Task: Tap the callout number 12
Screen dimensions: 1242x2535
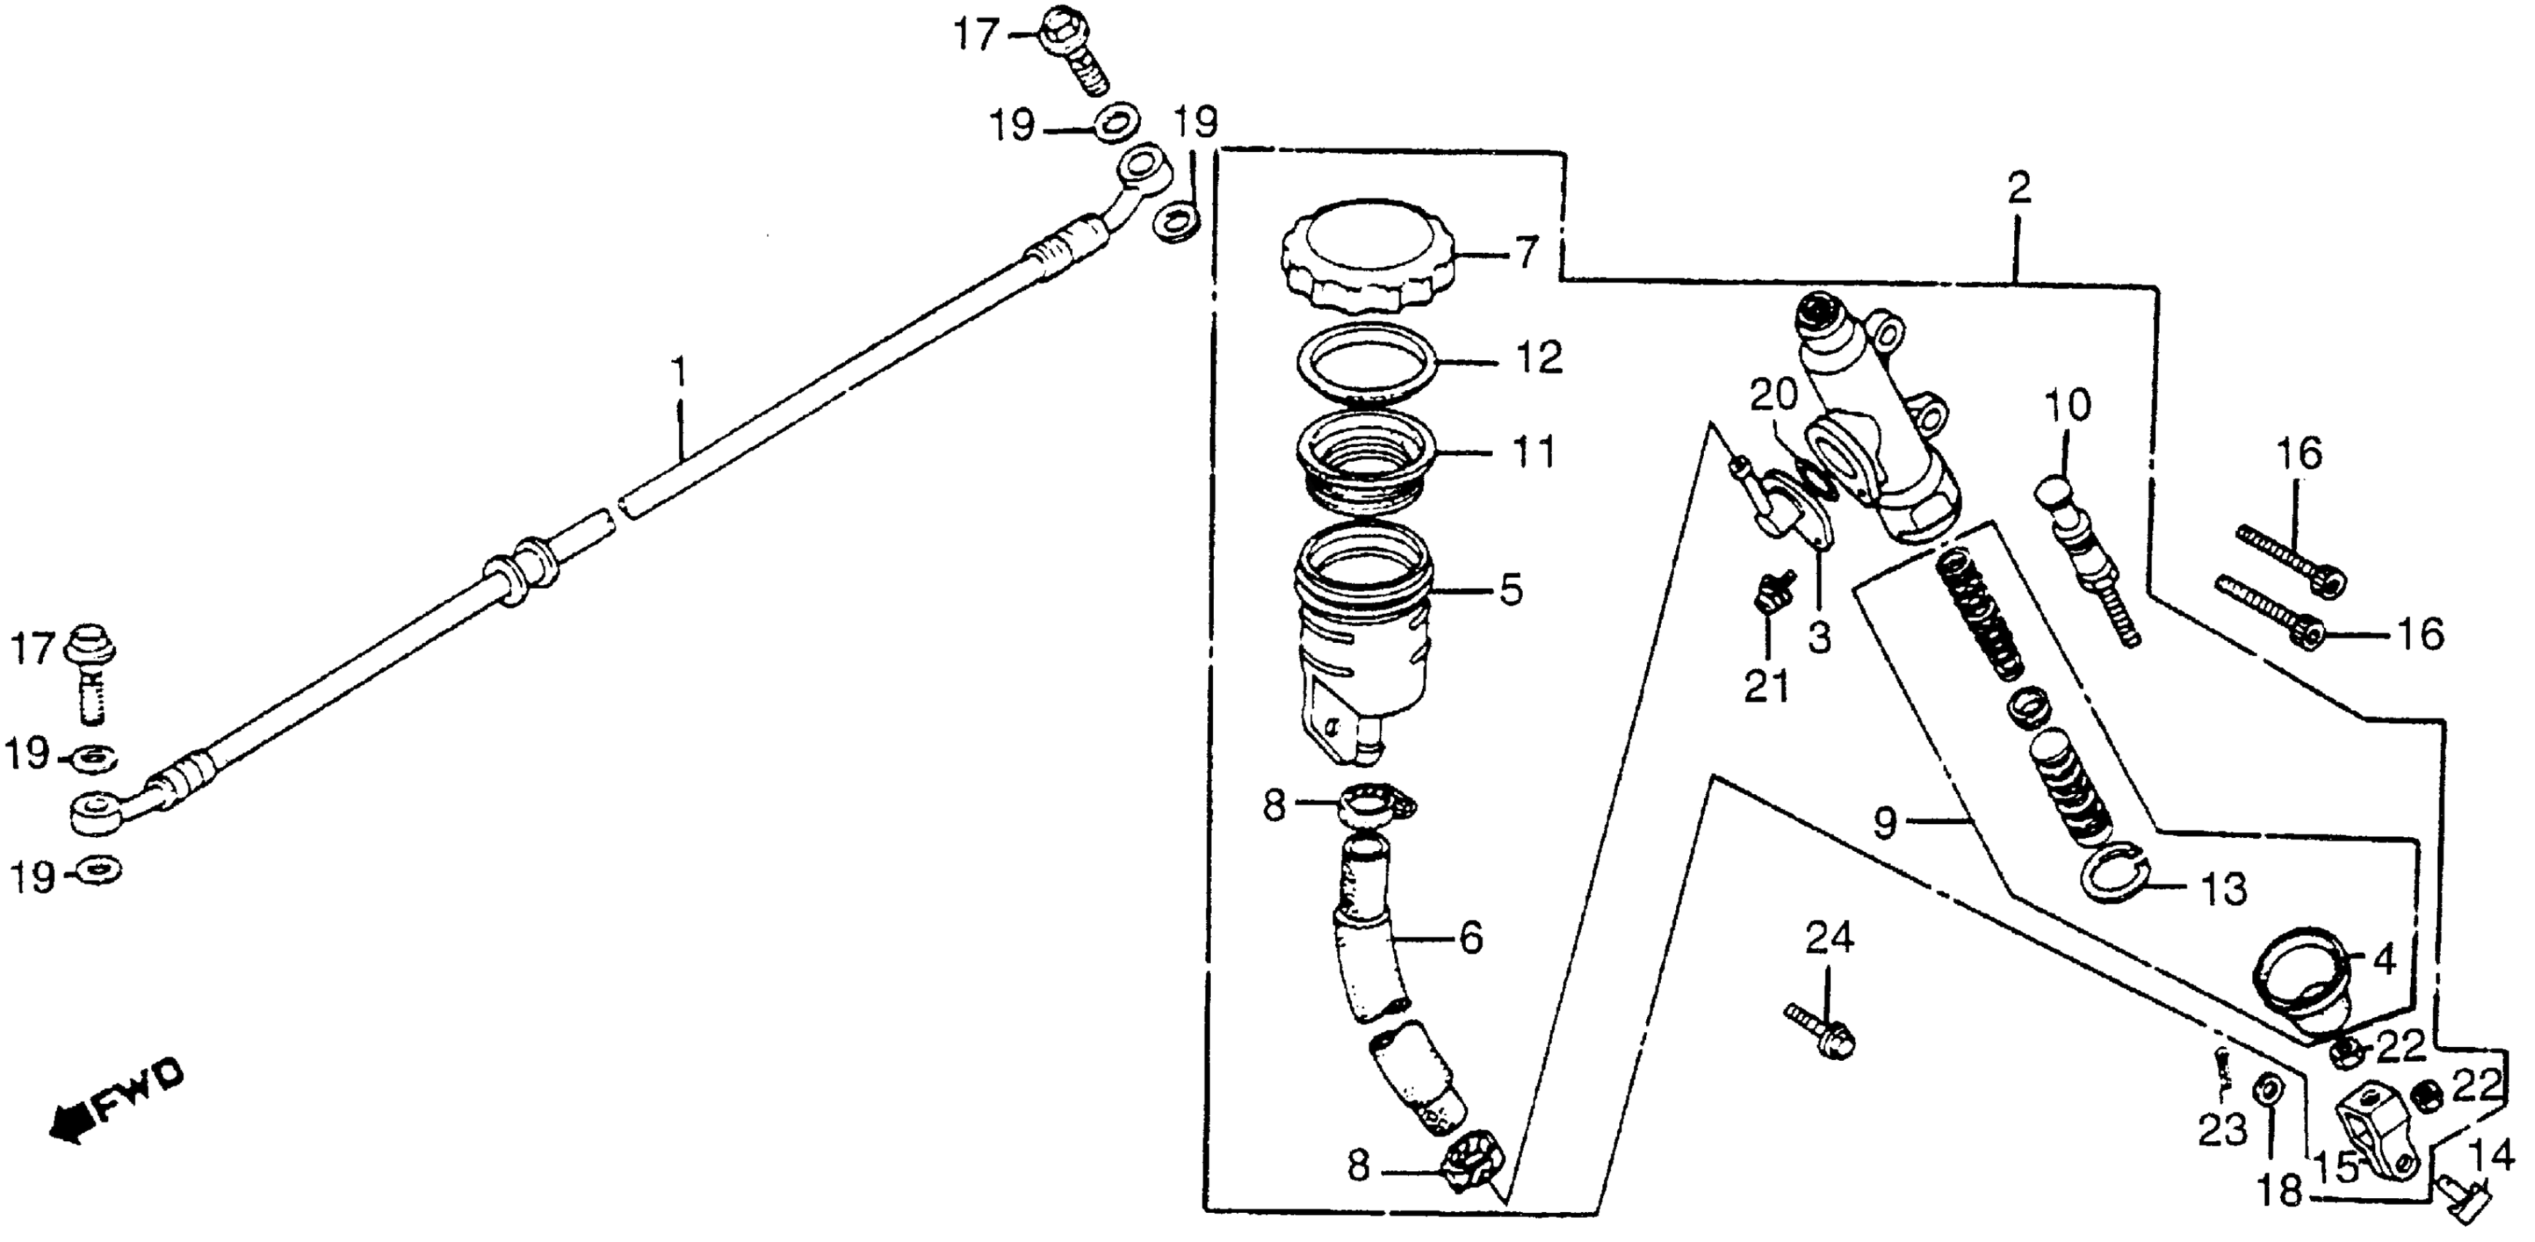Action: [1539, 357]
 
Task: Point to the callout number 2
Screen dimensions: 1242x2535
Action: [2019, 187]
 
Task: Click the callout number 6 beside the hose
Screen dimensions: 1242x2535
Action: [1470, 939]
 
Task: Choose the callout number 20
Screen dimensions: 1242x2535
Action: [1773, 395]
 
